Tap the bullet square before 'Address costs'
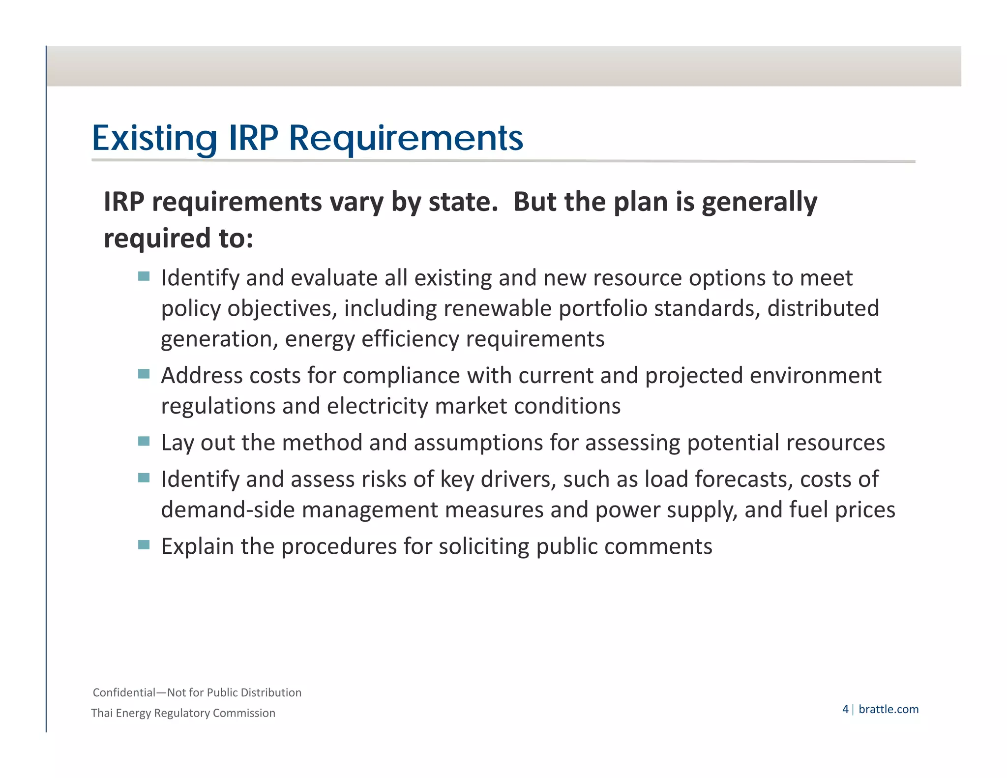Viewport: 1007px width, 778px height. coord(144,374)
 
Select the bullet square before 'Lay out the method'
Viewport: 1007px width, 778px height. coord(144,441)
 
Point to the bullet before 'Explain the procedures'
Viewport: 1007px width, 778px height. coord(144,545)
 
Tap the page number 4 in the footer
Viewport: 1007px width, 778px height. coord(845,709)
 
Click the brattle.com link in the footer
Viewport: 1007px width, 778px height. coord(889,709)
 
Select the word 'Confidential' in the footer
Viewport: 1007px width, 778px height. coord(124,692)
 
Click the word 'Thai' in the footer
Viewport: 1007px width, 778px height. coord(102,713)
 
